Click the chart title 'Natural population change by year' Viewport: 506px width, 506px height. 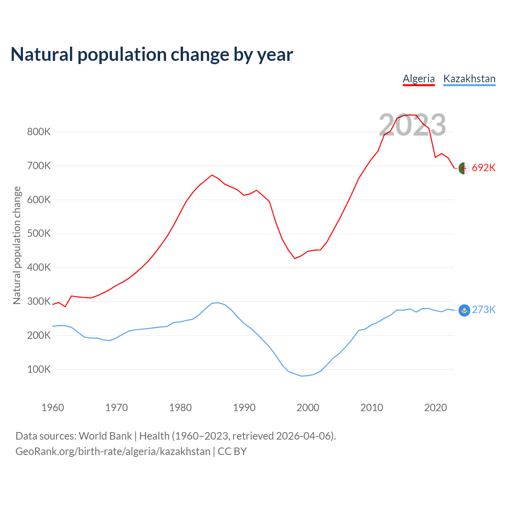[x=152, y=55]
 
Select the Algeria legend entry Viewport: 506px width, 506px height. [x=419, y=79]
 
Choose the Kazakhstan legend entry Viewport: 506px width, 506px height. [x=469, y=79]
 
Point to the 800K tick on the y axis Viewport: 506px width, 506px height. [x=39, y=132]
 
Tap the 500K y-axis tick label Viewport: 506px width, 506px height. [x=39, y=234]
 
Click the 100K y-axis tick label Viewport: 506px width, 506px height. [x=39, y=370]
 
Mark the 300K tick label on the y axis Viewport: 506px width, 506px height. [x=39, y=302]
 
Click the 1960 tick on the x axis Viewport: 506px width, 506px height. [x=53, y=408]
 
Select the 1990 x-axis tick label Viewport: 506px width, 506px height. [x=244, y=408]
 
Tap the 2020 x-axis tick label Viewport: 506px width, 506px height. [x=435, y=408]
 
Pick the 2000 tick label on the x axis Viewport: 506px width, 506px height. [x=308, y=408]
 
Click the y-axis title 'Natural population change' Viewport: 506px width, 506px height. [x=17, y=245]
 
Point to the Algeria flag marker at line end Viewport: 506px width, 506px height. [x=464, y=168]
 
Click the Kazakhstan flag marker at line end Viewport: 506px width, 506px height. [x=464, y=310]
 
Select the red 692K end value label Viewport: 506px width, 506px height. [x=483, y=168]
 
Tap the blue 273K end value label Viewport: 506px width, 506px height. [x=483, y=310]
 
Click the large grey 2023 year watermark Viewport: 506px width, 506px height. [x=412, y=125]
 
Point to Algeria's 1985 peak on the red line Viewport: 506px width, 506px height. [x=212, y=175]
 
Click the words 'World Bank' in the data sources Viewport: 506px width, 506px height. [x=105, y=436]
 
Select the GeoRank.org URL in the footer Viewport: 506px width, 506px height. [x=113, y=451]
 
